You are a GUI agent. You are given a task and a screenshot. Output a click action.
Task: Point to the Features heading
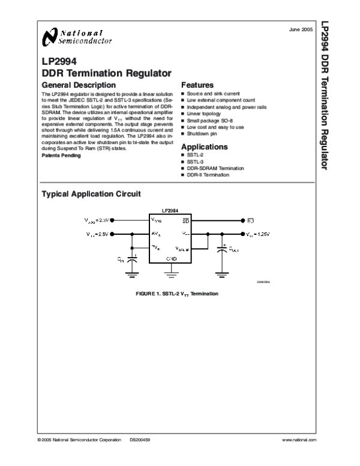coord(197,85)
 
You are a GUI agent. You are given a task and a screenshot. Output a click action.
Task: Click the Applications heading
coord(204,147)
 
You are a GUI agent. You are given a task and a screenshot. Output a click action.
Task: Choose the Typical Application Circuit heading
coord(91,194)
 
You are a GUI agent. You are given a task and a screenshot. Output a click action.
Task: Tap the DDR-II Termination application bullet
coord(208,175)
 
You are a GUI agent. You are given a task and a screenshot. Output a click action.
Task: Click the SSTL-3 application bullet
coord(196,162)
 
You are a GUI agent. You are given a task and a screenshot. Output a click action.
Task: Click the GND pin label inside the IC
coord(172,259)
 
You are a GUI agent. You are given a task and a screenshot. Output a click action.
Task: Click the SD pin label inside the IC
coord(186,220)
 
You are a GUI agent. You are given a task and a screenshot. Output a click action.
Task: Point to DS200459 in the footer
coord(139,440)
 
